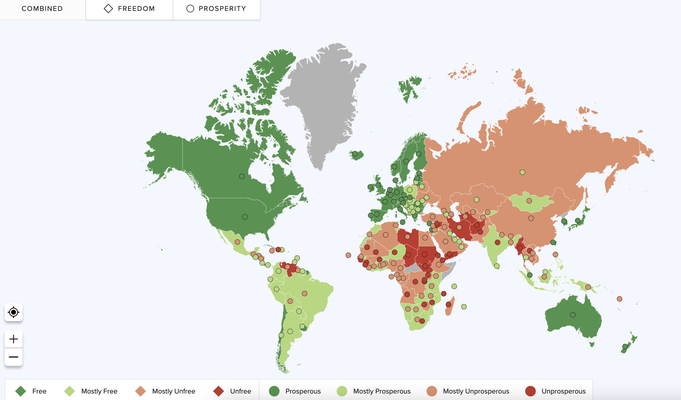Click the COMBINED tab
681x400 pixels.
point(42,9)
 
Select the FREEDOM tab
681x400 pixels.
point(129,9)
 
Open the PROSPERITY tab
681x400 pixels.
point(216,9)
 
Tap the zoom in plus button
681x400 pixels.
point(14,339)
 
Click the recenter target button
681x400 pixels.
point(14,312)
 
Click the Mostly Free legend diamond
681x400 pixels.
point(70,391)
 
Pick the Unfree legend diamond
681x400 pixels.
point(219,391)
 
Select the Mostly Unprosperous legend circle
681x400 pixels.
point(432,391)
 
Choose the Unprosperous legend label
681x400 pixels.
point(563,391)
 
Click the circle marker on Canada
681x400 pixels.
point(242,176)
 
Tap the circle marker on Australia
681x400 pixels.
point(573,315)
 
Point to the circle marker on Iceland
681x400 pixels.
point(355,153)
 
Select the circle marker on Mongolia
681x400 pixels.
point(529,201)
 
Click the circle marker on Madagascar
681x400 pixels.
point(448,305)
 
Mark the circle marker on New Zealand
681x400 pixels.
point(625,346)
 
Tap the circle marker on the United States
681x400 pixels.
point(245,217)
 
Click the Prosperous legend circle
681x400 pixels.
point(274,391)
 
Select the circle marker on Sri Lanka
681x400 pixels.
point(497,266)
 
